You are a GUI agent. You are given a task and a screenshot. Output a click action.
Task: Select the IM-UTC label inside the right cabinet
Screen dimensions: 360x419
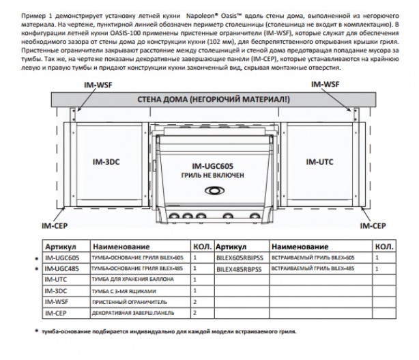[319, 162]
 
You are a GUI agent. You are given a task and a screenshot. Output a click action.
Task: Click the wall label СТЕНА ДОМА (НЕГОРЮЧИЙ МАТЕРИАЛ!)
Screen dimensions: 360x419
[213, 100]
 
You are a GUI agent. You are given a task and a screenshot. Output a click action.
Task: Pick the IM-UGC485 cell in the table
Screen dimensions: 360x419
[62, 269]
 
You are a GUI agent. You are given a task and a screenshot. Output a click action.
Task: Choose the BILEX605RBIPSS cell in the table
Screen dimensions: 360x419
[239, 258]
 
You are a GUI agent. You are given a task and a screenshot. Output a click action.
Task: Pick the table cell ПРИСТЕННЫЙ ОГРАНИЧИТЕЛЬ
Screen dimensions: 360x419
[126, 301]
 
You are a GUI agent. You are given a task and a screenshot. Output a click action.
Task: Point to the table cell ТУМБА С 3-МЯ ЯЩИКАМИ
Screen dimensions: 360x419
[123, 291]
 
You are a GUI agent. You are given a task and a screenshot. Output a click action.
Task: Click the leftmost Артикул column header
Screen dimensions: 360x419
[58, 246]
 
